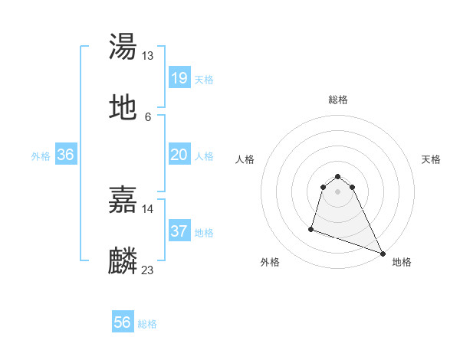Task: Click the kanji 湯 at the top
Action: click(x=123, y=47)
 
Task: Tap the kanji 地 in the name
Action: click(x=123, y=108)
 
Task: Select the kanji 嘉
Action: click(x=123, y=201)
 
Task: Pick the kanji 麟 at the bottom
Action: click(x=123, y=261)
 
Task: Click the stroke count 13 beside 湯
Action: click(x=148, y=56)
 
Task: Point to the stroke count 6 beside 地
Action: click(x=147, y=116)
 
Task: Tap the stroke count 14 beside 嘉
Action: click(x=148, y=208)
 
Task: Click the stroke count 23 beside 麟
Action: click(x=148, y=270)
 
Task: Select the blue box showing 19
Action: click(x=179, y=78)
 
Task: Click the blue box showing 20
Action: click(x=179, y=155)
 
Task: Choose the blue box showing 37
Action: click(x=179, y=231)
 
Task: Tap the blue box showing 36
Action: click(x=66, y=155)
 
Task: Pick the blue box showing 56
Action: click(x=123, y=322)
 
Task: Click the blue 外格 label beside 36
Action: click(x=41, y=155)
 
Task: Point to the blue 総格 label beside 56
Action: click(x=147, y=324)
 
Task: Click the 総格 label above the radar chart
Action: click(x=337, y=100)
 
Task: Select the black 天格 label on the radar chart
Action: click(x=431, y=159)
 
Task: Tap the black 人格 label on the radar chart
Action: click(x=245, y=159)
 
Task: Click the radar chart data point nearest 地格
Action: click(x=382, y=253)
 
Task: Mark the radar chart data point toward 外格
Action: click(x=311, y=228)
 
